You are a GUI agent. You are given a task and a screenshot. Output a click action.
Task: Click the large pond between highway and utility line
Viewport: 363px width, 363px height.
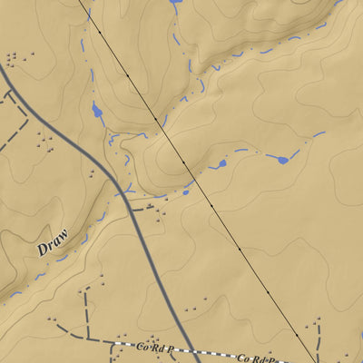click(x=96, y=113)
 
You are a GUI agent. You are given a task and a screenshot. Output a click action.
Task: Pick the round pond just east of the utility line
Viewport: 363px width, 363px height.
click(x=221, y=165)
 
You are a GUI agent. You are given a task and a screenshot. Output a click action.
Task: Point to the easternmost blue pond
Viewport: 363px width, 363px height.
click(x=282, y=160)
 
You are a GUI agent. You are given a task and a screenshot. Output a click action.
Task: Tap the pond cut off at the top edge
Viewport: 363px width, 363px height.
click(x=175, y=2)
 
